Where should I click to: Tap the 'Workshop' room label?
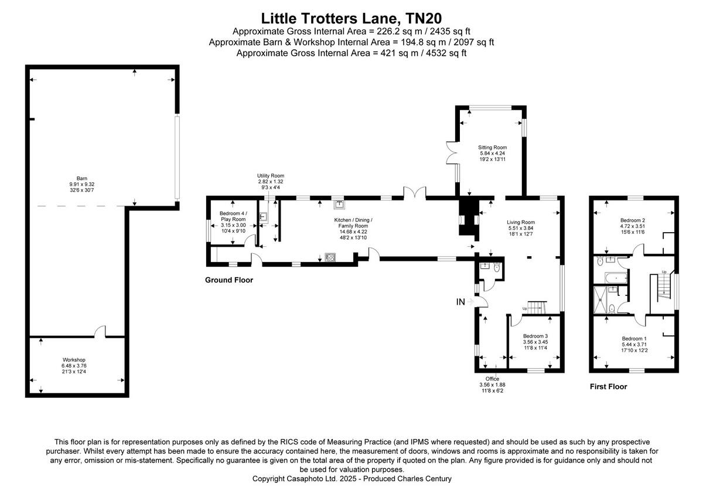click(x=74, y=359)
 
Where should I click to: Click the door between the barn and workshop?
click(x=101, y=332)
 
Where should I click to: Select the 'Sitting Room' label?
click(x=492, y=147)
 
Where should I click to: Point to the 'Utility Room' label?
click(x=271, y=176)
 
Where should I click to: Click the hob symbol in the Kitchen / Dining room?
click(x=330, y=257)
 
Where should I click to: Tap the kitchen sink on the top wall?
click(x=339, y=205)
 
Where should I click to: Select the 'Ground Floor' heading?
click(x=229, y=280)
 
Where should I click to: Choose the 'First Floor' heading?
click(x=608, y=387)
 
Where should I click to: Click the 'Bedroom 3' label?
click(x=535, y=336)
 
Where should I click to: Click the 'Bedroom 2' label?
click(x=633, y=220)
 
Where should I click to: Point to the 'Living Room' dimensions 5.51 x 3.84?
click(x=521, y=229)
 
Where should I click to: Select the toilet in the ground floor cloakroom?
click(x=497, y=268)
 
